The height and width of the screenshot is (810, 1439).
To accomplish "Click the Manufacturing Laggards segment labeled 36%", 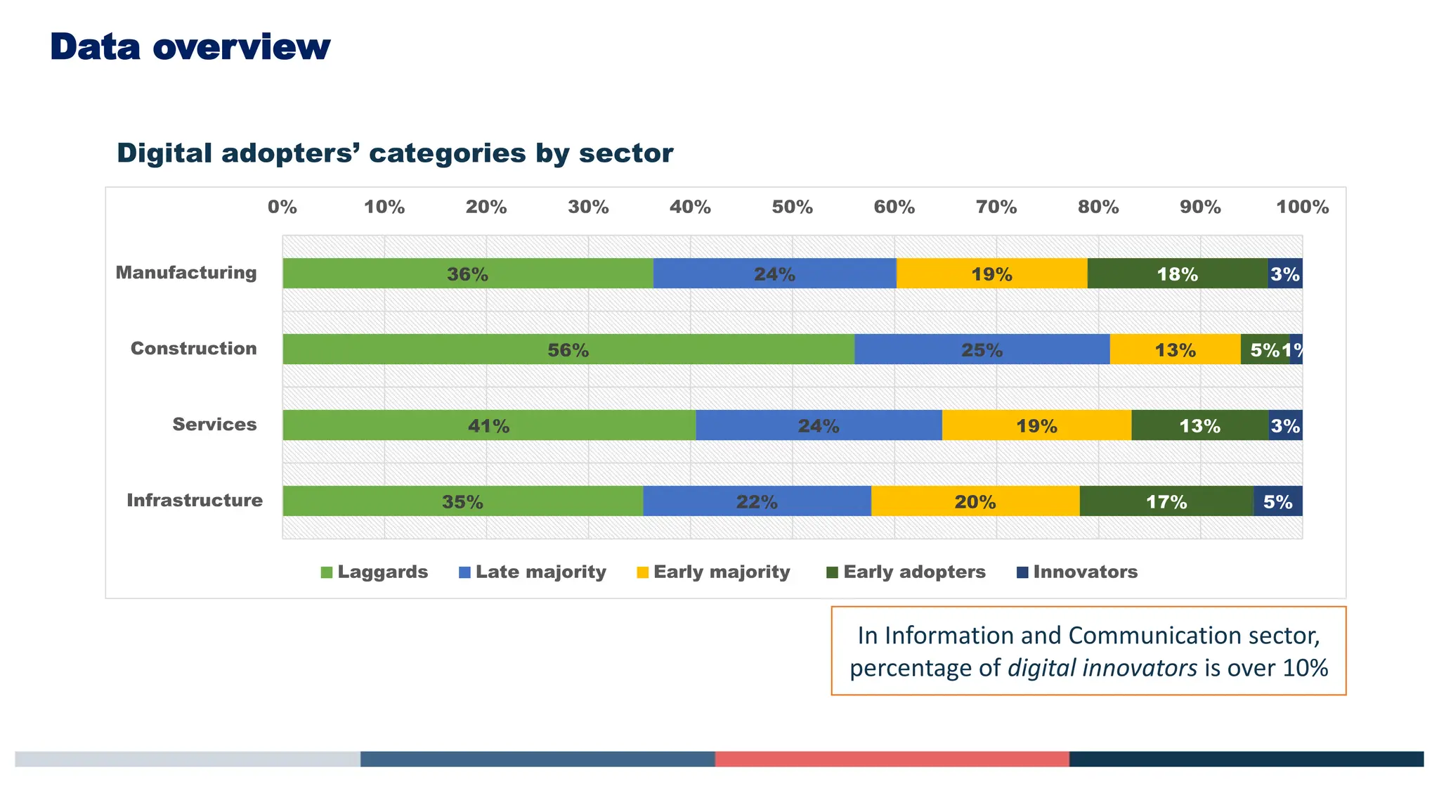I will tap(467, 274).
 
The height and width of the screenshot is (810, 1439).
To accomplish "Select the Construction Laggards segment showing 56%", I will tap(568, 349).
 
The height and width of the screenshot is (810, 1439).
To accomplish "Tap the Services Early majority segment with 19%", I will tap(1036, 425).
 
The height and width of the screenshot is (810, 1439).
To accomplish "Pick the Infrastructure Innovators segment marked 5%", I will tap(1277, 501).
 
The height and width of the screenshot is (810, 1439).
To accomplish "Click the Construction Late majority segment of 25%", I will tap(982, 349).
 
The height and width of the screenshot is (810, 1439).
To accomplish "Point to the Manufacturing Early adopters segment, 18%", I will tap(1177, 274).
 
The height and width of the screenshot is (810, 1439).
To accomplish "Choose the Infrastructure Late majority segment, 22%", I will tap(757, 501).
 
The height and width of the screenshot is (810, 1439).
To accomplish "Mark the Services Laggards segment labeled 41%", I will tap(488, 425).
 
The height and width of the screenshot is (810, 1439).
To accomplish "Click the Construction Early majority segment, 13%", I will tap(1175, 349).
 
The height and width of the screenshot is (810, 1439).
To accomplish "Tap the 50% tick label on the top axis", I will tap(792, 207).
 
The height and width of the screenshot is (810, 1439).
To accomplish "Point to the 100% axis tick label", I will tap(1302, 207).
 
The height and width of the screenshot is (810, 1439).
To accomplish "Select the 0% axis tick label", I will tap(282, 207).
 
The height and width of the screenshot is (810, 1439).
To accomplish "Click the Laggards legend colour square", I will tap(326, 572).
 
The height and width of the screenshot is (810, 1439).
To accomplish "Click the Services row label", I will tap(214, 424).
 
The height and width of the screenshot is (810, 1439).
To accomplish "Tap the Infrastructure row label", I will tap(195, 500).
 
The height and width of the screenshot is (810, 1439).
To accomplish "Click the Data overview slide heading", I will tap(190, 47).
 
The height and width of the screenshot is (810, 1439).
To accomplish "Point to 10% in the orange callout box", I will tap(1305, 667).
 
